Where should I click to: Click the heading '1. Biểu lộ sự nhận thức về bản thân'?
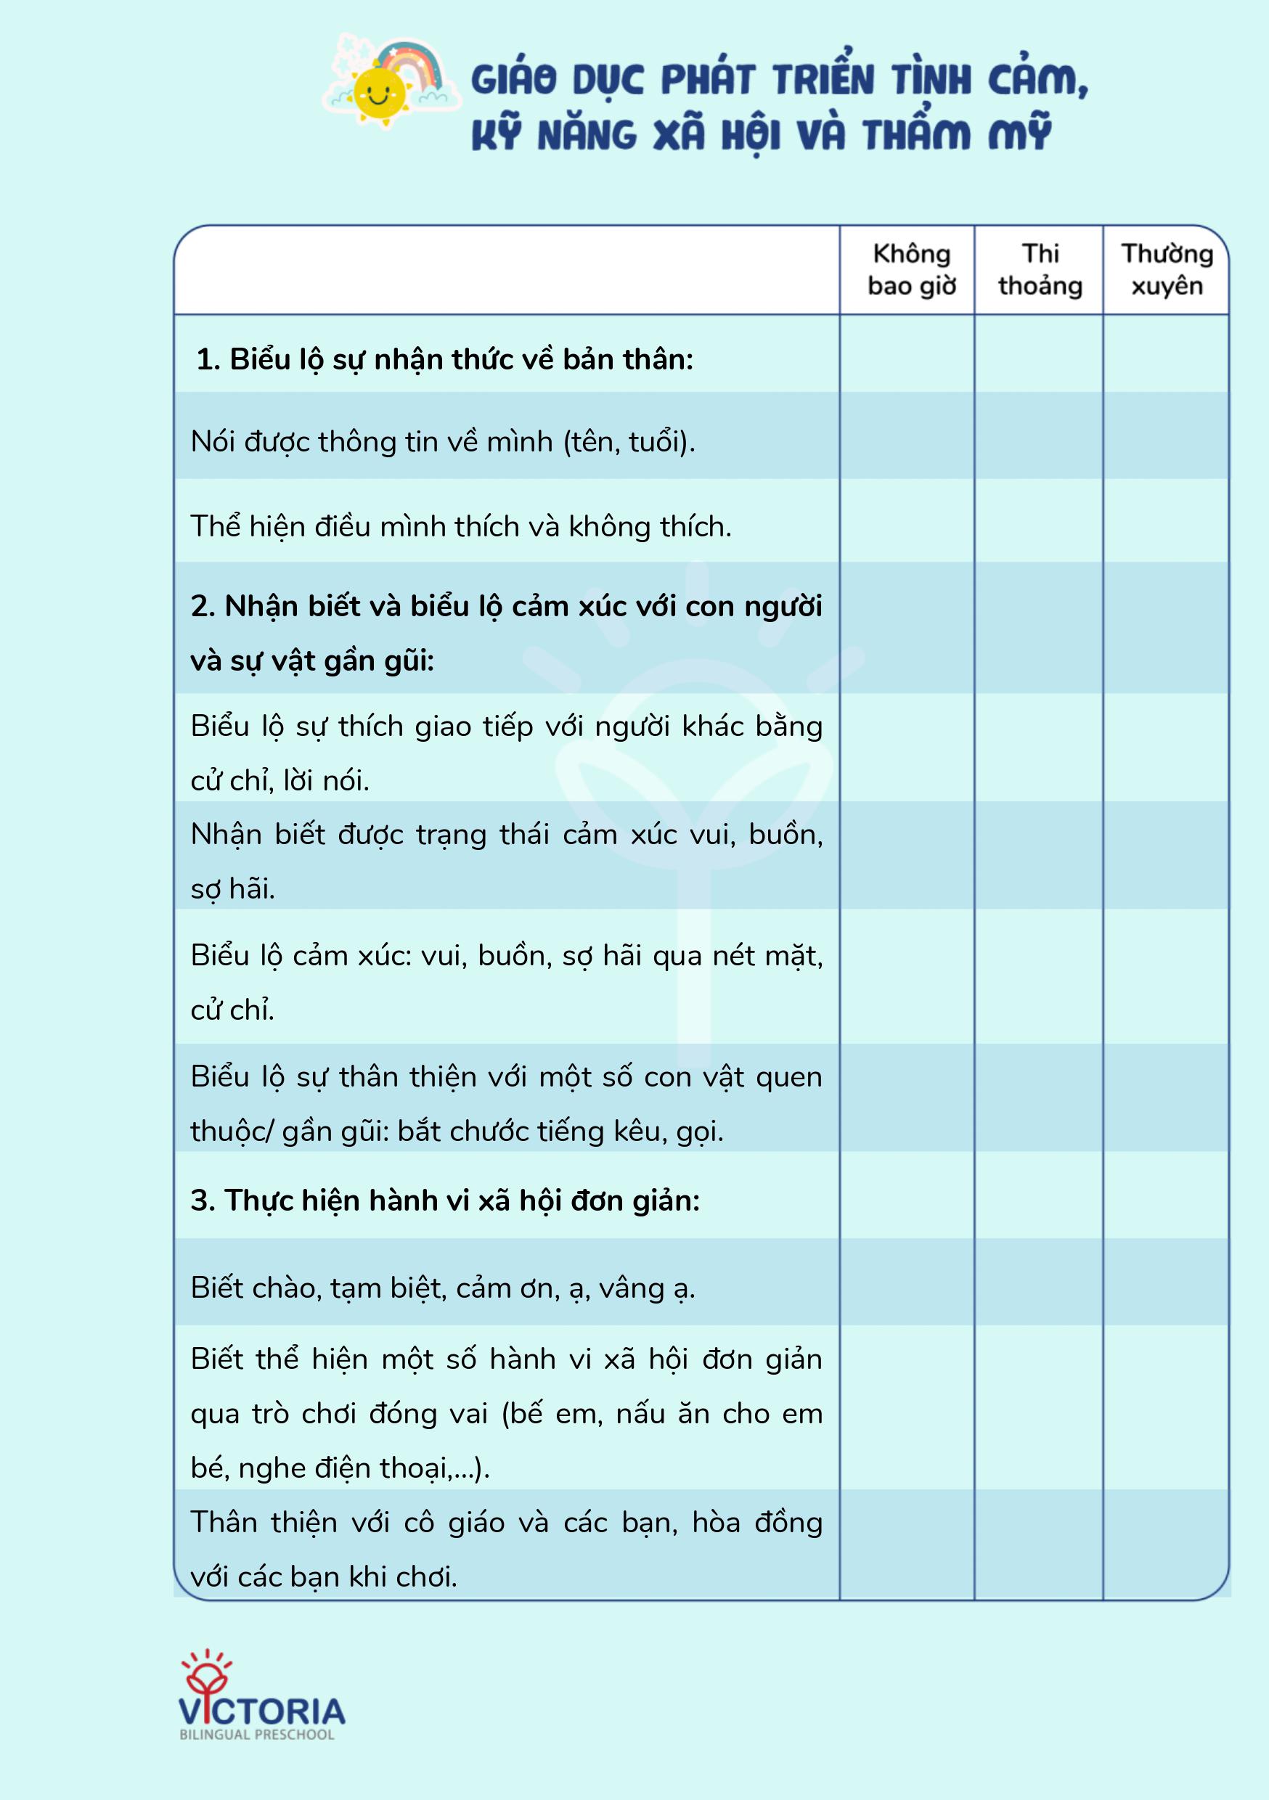point(445,359)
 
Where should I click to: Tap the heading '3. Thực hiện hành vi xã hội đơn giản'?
point(445,1200)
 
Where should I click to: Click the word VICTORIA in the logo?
point(262,1711)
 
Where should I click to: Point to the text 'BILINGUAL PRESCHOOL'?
point(257,1735)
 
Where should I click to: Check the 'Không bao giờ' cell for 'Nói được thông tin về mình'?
point(907,436)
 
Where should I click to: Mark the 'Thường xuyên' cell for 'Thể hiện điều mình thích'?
point(1165,521)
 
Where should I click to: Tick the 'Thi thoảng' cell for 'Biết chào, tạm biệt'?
point(1038,1282)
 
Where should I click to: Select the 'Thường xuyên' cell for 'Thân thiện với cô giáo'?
point(1165,1545)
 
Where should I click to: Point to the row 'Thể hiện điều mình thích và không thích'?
point(461,526)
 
